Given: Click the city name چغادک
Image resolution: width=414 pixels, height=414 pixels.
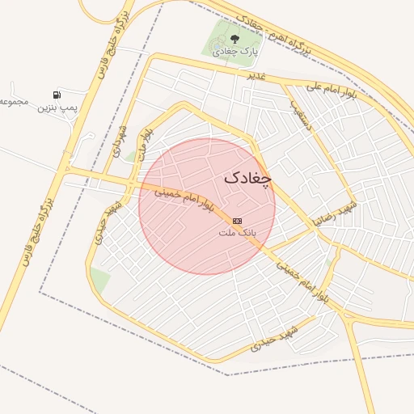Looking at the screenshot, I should [x=248, y=177].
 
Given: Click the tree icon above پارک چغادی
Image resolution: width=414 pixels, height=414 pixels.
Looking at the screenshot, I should [x=234, y=37].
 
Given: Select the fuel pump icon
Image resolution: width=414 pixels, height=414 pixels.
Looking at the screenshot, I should [x=57, y=95].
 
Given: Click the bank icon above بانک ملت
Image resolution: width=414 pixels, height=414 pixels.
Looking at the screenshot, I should [x=237, y=220].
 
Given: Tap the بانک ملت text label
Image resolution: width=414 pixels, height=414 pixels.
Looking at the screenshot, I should [x=237, y=232].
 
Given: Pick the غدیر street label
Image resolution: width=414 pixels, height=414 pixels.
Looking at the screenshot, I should [x=257, y=76].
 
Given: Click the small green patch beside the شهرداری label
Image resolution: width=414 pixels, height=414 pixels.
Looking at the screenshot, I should [x=129, y=155].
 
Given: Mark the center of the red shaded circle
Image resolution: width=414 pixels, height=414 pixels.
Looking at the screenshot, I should [x=207, y=205].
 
